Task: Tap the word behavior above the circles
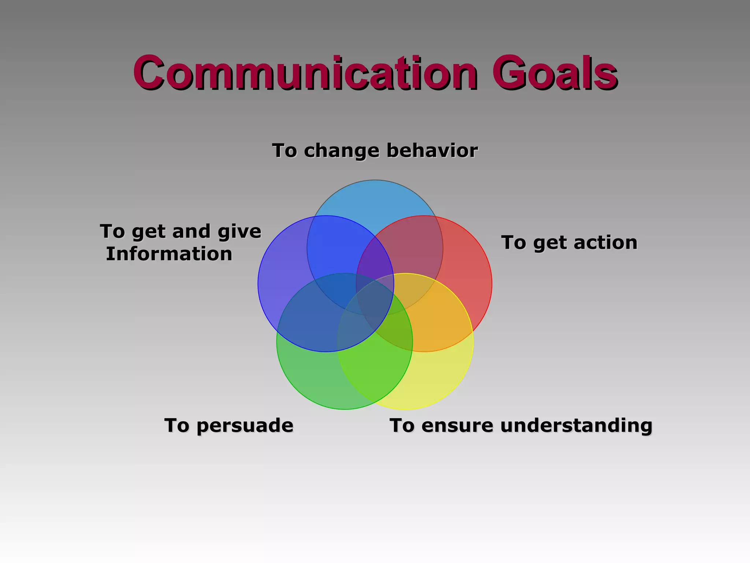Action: (432, 151)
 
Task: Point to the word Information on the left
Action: (169, 254)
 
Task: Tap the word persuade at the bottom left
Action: (245, 426)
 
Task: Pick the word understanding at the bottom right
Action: (576, 426)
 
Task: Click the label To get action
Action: (569, 243)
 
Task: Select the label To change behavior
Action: (375, 151)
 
